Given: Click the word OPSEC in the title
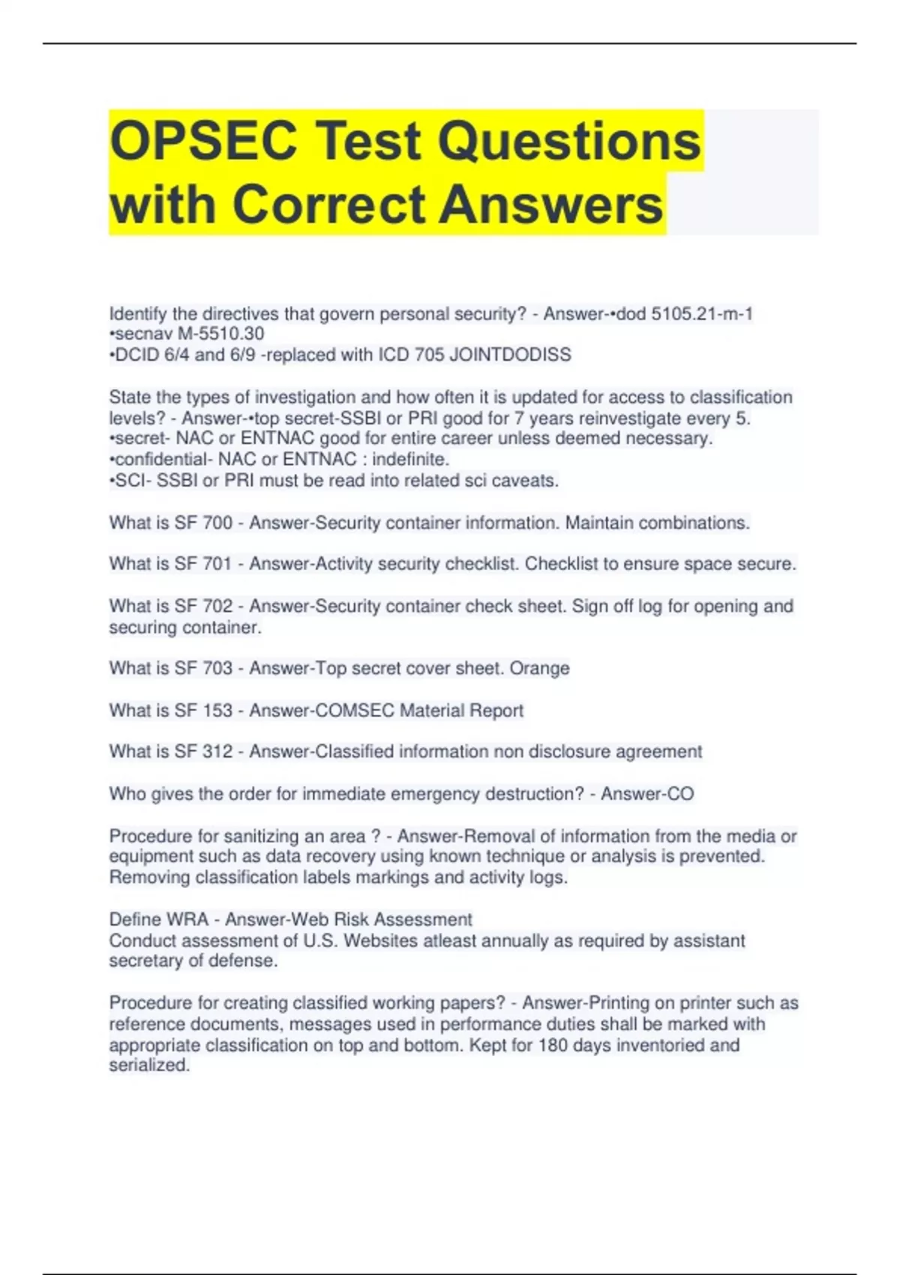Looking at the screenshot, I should pos(203,141).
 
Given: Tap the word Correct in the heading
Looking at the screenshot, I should pos(329,204).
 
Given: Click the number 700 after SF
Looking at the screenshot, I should pos(217,523).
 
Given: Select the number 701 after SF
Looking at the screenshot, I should pos(217,563).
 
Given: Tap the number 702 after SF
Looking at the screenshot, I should pos(217,606).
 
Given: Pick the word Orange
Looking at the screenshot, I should pos(539,668).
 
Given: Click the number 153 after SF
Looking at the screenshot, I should pos(217,710).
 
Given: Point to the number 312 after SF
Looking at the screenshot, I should pos(217,751).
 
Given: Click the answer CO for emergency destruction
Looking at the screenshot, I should pos(679,793).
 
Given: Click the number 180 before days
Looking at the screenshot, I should pos(553,1045).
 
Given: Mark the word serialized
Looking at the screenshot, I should pos(149,1065).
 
